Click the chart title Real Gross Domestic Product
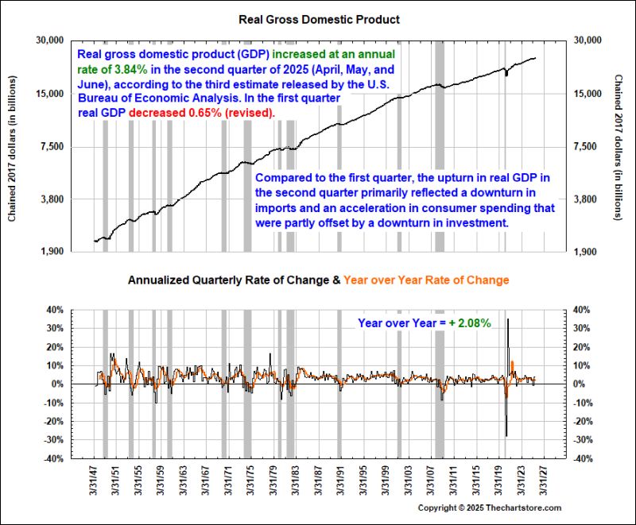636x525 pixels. [318, 18]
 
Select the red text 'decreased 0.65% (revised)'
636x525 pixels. [202, 113]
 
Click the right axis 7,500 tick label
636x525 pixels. [587, 147]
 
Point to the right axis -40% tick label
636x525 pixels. [585, 459]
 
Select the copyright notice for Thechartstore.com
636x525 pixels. [490, 508]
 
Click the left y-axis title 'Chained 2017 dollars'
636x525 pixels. [13, 146]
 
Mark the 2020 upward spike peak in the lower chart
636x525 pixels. [507, 319]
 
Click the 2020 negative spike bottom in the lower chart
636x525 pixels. [506, 435]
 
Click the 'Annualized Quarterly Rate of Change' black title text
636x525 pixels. [230, 280]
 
